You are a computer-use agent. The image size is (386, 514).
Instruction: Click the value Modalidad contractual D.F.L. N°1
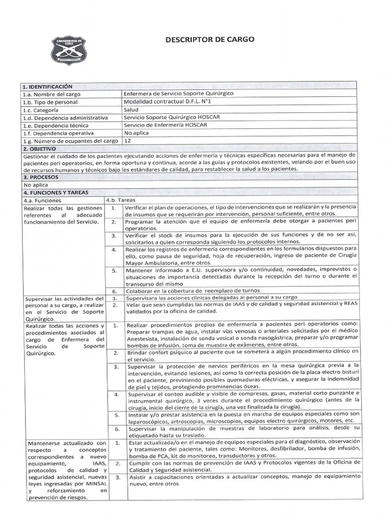coord(166,102)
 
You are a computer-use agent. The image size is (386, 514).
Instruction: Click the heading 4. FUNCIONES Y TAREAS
coord(55,192)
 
